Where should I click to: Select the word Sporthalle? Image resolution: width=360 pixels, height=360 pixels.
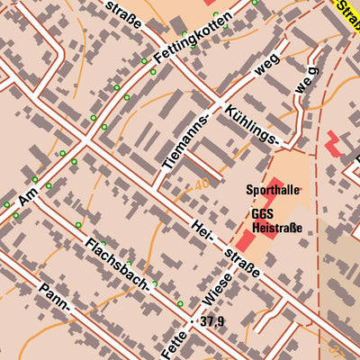click(x=272, y=190)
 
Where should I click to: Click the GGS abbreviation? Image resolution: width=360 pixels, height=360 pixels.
click(x=262, y=214)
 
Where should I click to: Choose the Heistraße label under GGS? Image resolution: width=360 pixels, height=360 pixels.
click(x=276, y=229)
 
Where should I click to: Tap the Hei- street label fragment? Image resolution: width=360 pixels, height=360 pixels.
click(x=202, y=230)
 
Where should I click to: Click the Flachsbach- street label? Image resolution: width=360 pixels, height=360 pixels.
click(x=118, y=265)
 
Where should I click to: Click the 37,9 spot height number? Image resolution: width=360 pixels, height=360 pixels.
click(x=212, y=321)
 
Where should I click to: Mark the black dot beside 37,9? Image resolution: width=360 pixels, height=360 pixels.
click(x=192, y=321)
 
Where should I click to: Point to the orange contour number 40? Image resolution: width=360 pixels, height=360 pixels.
click(x=202, y=186)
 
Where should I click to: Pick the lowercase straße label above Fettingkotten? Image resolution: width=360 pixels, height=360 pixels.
click(x=122, y=13)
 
